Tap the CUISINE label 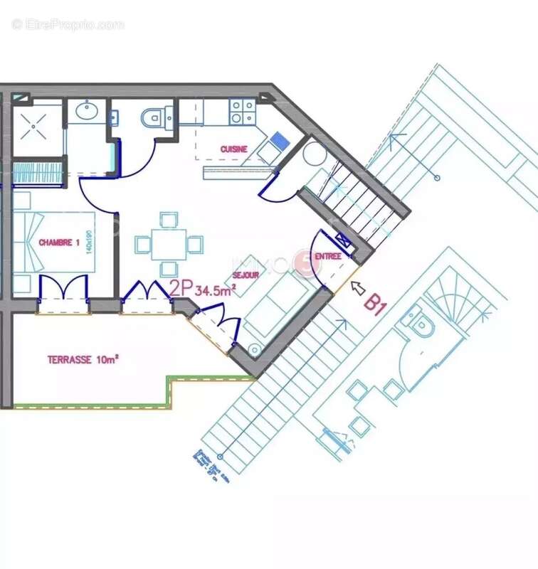[233, 149]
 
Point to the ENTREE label [328, 255]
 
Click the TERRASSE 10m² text [83, 360]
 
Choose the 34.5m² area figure [216, 289]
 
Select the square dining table [169, 244]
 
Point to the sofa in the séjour [280, 308]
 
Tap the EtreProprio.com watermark [68, 24]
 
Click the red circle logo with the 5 [308, 264]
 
